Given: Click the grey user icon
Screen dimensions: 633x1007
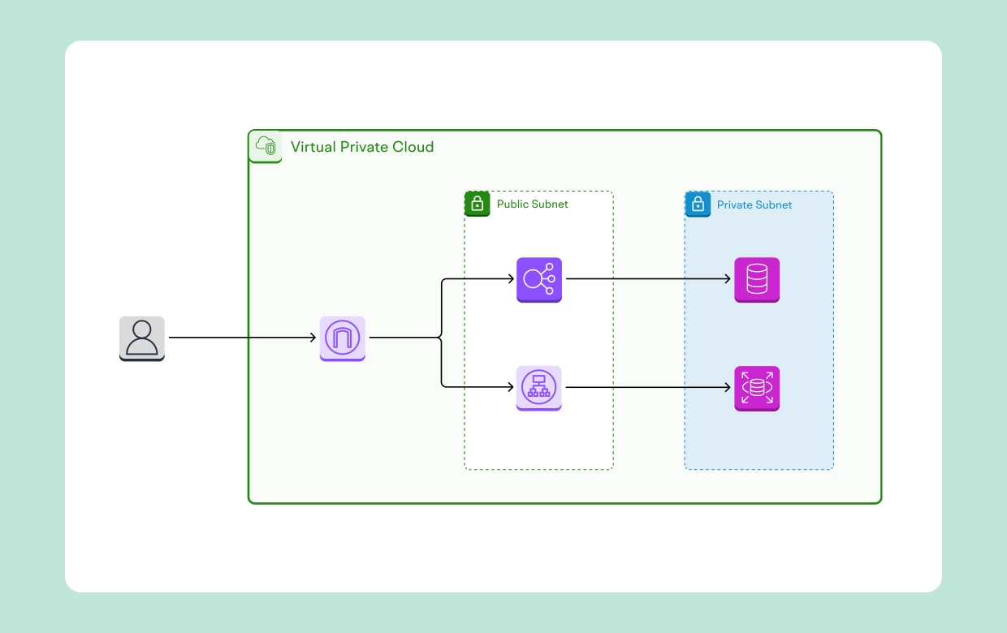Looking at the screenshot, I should (142, 338).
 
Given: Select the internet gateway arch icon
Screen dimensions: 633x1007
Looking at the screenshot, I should (342, 338).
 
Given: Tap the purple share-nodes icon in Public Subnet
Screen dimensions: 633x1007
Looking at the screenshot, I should (539, 279).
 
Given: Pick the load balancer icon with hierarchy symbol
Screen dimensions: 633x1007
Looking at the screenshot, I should (539, 388).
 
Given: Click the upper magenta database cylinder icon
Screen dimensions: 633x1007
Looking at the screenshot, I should (757, 279).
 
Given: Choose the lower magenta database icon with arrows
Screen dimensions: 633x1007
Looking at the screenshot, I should (757, 388).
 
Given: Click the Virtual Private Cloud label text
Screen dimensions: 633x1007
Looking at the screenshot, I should (362, 147).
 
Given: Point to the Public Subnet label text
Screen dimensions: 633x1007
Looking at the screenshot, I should (532, 205).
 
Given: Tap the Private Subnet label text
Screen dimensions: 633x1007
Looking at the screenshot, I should (754, 205).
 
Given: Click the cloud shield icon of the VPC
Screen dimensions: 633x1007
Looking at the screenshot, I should (266, 146).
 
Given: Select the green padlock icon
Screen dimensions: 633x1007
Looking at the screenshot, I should (478, 204).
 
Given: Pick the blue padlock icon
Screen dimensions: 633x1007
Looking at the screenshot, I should (698, 204).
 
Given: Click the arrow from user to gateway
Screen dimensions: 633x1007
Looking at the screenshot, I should (244, 338).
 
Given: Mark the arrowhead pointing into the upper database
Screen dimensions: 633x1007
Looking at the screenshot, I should (727, 279).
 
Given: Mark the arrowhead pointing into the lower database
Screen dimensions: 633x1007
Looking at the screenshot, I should (727, 388).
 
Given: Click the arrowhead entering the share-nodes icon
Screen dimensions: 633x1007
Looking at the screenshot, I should (510, 279).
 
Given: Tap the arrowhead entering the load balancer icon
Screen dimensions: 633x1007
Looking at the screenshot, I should (510, 388).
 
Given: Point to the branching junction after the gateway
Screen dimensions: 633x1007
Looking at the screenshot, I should (441, 338).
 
